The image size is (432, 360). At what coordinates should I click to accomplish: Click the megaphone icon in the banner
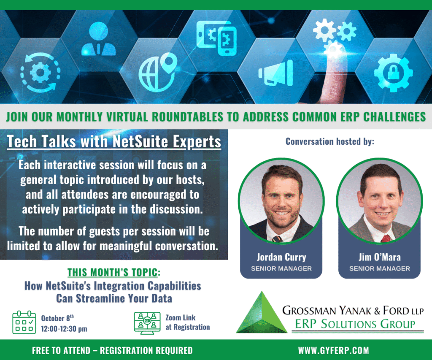point(275,73)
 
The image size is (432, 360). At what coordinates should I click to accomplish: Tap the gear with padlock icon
point(393,73)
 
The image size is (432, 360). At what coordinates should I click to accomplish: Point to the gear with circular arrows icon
point(40,73)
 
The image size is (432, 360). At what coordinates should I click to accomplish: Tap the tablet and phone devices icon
point(216,38)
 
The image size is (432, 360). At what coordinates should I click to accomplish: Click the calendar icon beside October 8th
point(24,322)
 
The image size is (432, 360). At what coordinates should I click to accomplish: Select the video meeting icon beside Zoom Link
point(147,323)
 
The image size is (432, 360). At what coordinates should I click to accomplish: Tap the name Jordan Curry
point(281,257)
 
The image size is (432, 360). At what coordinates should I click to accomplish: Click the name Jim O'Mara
point(379,257)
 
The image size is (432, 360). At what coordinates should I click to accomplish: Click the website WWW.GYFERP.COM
point(333,350)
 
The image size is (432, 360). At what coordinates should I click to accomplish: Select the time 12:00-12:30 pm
point(64,329)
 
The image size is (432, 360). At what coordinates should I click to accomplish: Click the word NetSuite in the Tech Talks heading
point(140,141)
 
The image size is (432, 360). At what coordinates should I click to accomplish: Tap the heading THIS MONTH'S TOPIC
point(114,272)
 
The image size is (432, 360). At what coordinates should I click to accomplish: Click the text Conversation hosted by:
point(330,141)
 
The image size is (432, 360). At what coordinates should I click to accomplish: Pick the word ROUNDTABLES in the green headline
point(188,116)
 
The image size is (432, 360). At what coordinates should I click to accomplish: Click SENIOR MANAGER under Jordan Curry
point(281,268)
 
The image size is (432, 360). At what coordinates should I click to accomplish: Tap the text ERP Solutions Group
point(355,324)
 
